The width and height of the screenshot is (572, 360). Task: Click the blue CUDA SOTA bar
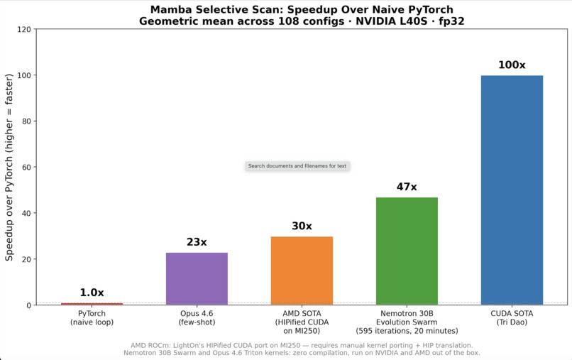(512, 190)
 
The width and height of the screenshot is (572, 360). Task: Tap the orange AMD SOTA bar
(302, 271)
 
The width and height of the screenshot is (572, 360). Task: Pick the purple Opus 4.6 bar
(197, 278)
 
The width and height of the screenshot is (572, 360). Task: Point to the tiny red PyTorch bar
(92, 304)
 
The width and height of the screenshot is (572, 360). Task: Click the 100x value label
(512, 65)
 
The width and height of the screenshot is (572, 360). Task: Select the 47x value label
(407, 187)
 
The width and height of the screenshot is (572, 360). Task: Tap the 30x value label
(302, 227)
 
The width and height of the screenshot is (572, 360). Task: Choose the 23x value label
(197, 242)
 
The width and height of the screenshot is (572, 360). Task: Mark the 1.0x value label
(92, 293)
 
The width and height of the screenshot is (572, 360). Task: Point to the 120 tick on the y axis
(23, 30)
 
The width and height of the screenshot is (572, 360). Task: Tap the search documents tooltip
(297, 166)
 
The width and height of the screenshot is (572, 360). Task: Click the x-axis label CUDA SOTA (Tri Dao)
(512, 317)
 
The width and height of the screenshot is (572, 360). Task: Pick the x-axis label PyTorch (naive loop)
(92, 317)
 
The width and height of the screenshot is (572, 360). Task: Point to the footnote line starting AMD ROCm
(302, 345)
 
